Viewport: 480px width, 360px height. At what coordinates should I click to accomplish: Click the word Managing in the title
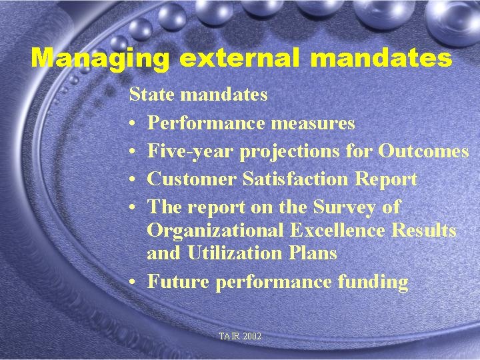pos(100,58)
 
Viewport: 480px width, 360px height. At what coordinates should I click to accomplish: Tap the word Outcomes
pos(423,151)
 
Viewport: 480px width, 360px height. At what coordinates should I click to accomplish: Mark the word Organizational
pos(215,231)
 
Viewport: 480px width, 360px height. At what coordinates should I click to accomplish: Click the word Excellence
pos(338,231)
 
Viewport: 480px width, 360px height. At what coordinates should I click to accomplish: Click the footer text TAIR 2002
pos(240,337)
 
